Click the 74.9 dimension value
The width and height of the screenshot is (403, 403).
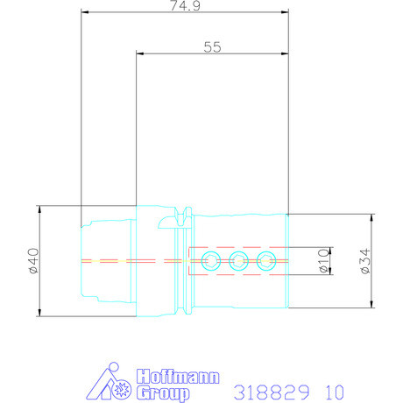[185, 5]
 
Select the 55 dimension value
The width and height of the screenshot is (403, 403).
[212, 47]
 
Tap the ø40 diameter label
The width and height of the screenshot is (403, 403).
[34, 261]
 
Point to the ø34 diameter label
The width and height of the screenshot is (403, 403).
[365, 261]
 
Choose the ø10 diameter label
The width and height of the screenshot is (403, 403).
[323, 261]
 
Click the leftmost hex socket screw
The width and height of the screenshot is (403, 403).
[211, 261]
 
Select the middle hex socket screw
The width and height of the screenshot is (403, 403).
[238, 261]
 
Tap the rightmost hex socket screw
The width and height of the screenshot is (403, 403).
[266, 261]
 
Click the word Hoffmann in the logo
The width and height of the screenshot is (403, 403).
[178, 377]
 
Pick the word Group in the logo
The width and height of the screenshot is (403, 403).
[163, 393]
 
